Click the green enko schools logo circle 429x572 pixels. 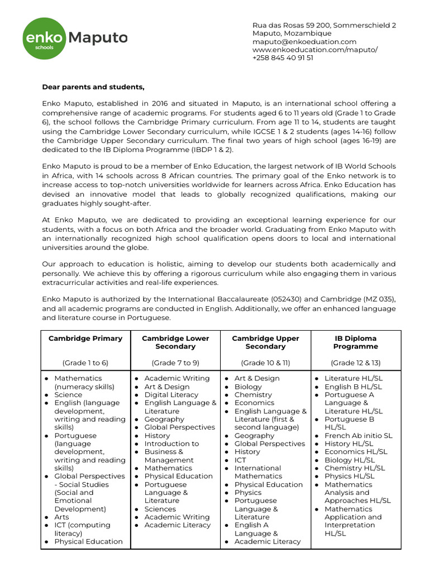(44, 38)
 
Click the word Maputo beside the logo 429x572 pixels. (98, 38)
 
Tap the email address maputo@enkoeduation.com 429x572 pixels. (304, 42)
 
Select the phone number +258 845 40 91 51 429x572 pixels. (283, 58)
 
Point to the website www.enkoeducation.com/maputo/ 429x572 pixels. (315, 50)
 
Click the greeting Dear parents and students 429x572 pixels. (93, 87)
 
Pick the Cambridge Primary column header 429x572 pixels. (85, 339)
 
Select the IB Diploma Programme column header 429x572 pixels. (356, 342)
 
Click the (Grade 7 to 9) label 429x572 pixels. (175, 363)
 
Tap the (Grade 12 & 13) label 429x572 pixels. (356, 363)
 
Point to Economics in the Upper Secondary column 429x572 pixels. (254, 403)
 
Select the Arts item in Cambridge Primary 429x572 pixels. (62, 517)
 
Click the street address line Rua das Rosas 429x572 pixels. (324, 26)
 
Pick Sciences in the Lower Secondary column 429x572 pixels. (160, 509)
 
